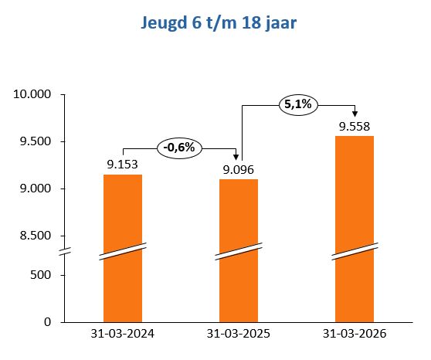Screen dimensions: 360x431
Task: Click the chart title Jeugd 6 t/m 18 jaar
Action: [x=219, y=23]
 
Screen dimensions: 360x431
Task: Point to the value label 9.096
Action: [x=239, y=169]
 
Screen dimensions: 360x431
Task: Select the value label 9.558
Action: [x=355, y=126]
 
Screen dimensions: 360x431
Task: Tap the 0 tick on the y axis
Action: [x=48, y=321]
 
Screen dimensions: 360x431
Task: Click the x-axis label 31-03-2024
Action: [x=123, y=335]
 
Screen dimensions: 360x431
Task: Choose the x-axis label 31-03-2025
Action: [x=239, y=335]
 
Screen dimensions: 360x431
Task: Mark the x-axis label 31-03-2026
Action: [x=355, y=335]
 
